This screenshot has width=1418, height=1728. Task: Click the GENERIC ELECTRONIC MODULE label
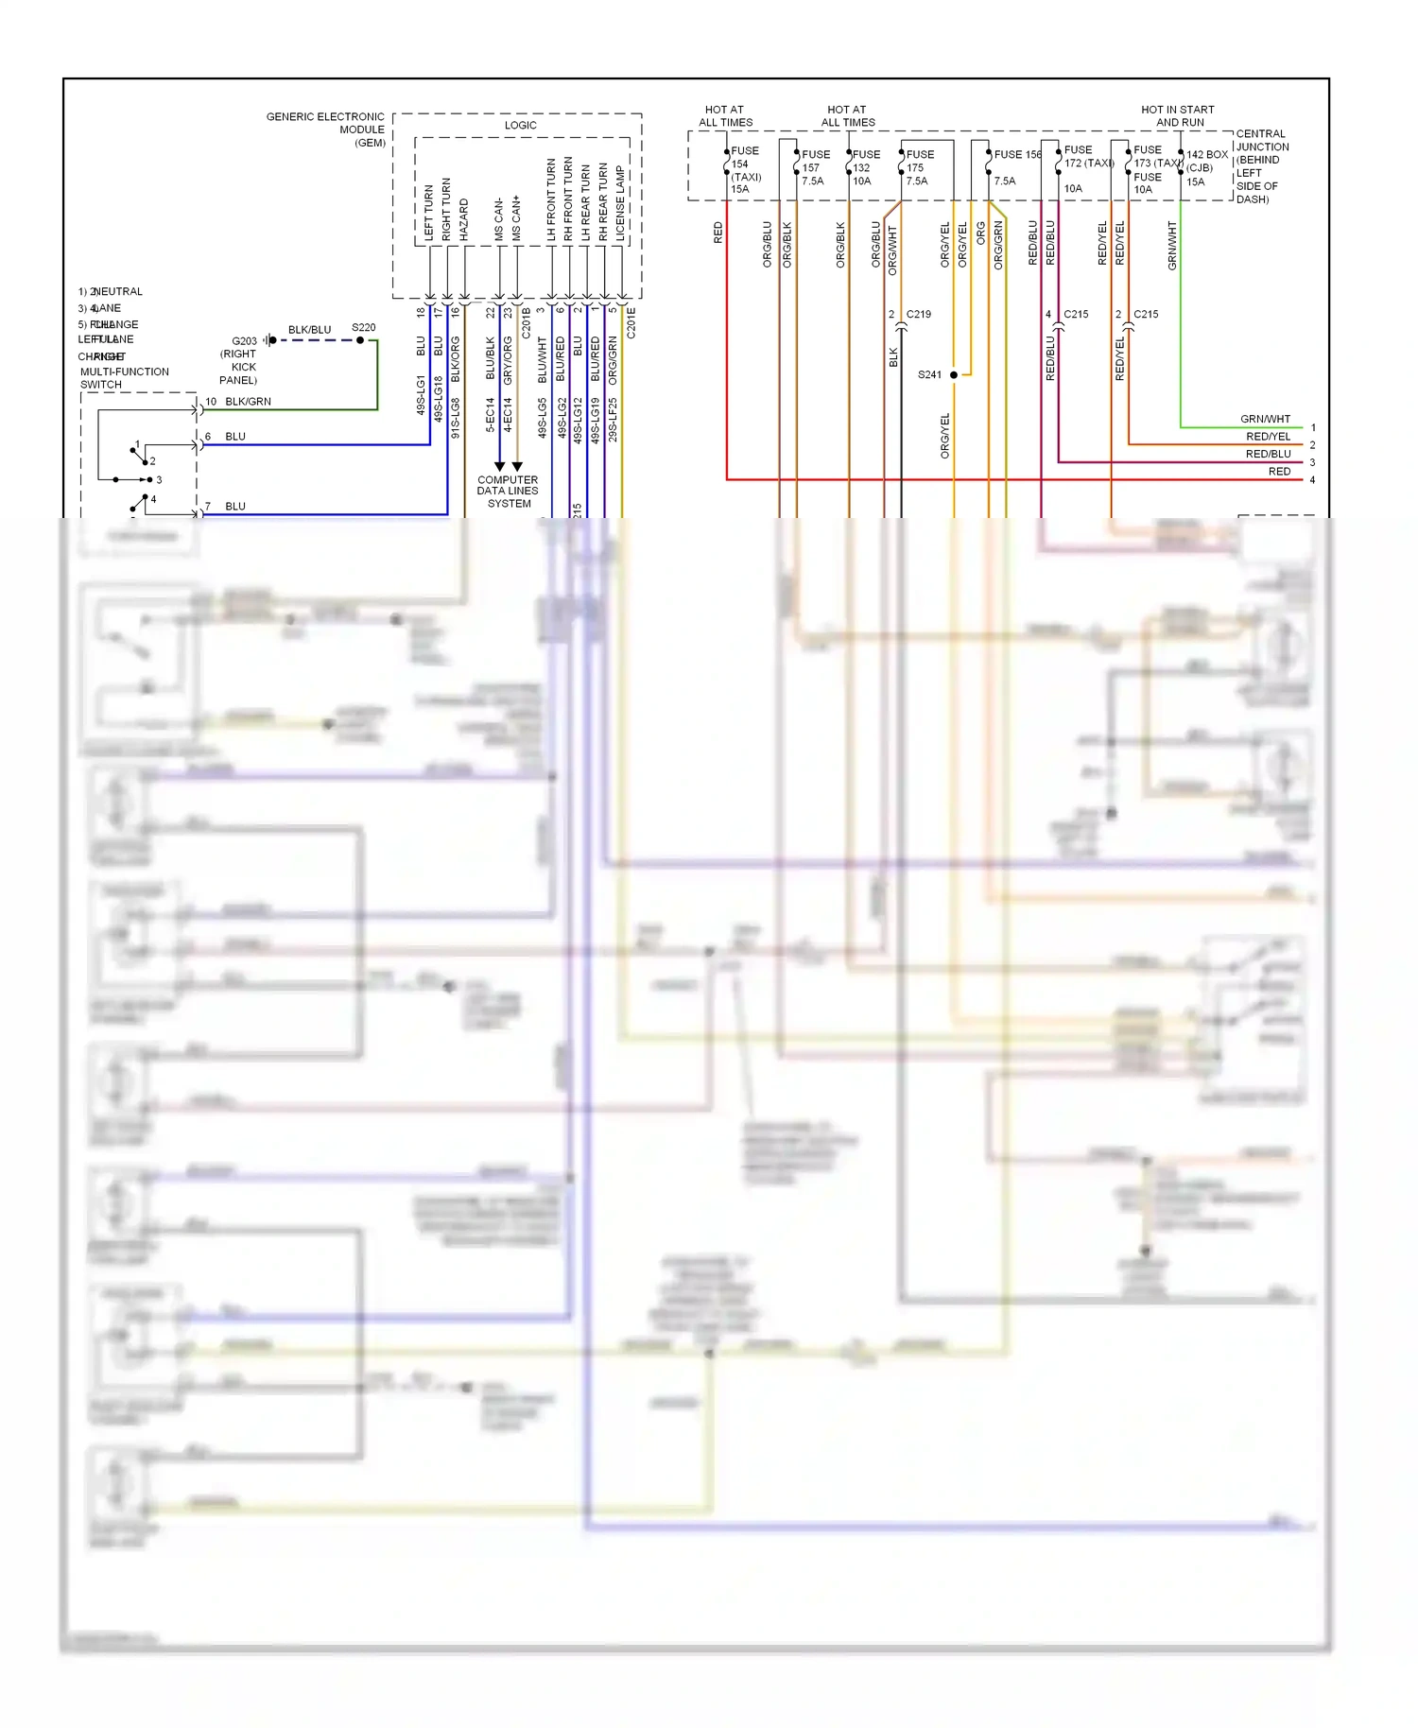pyautogui.click(x=325, y=130)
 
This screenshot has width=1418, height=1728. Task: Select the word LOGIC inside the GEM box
pyautogui.click(x=520, y=125)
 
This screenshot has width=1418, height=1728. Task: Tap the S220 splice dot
pyautogui.click(x=360, y=340)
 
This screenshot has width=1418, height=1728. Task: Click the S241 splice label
pyautogui.click(x=929, y=375)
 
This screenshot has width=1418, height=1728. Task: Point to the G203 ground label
pyautogui.click(x=244, y=341)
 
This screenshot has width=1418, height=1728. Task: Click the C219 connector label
pyautogui.click(x=918, y=314)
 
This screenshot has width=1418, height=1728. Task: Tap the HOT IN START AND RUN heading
pyautogui.click(x=1178, y=115)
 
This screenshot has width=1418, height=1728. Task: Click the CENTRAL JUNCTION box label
pyautogui.click(x=1262, y=165)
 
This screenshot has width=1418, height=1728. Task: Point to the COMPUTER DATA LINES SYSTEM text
pyautogui.click(x=508, y=492)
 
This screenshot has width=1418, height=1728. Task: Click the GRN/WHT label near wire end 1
pyautogui.click(x=1265, y=419)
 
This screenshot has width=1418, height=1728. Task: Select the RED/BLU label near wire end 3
pyautogui.click(x=1268, y=454)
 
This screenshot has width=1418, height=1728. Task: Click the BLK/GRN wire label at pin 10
pyautogui.click(x=248, y=402)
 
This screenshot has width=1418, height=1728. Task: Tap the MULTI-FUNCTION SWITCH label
pyautogui.click(x=124, y=378)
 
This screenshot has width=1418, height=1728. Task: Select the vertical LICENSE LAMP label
pyautogui.click(x=620, y=203)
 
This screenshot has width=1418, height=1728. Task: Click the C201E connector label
pyautogui.click(x=631, y=322)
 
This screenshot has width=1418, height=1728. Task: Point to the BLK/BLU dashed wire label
pyautogui.click(x=309, y=330)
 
